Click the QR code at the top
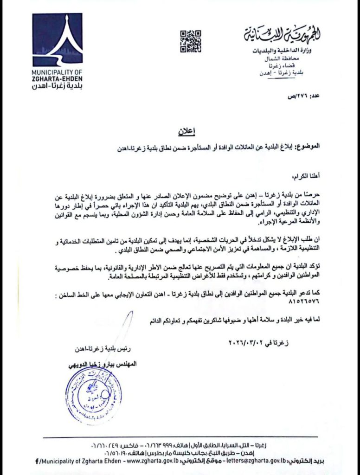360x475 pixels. [190, 41]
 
